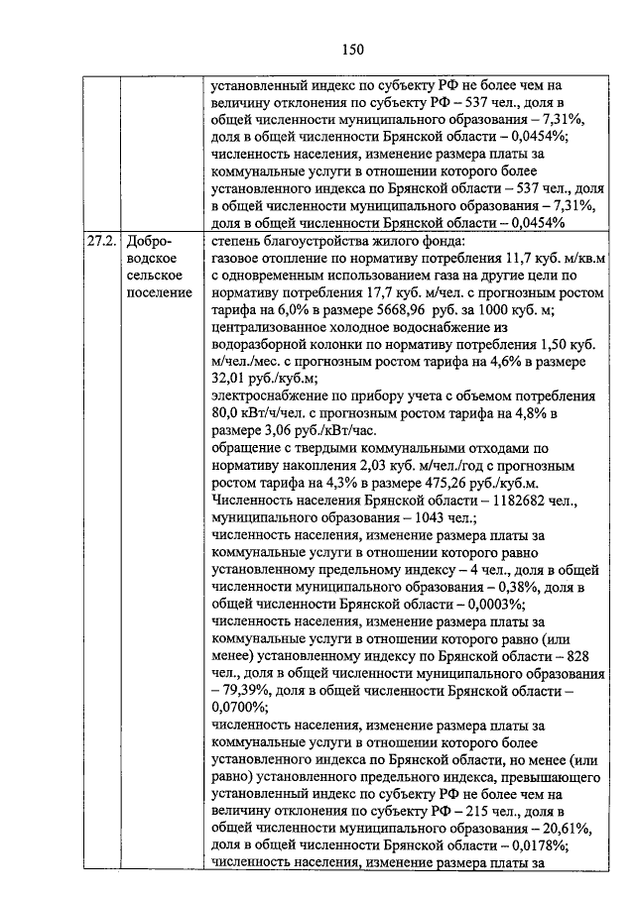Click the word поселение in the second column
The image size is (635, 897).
[159, 293]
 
